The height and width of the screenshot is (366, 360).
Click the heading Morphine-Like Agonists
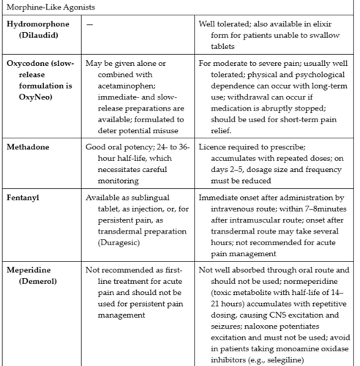click(x=51, y=7)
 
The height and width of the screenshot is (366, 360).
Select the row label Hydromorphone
click(x=38, y=24)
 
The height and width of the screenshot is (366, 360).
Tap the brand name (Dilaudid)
click(x=38, y=35)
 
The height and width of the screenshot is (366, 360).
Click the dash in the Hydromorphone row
click(x=89, y=25)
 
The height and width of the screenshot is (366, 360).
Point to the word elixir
click(x=323, y=24)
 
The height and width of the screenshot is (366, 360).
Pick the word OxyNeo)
click(x=35, y=97)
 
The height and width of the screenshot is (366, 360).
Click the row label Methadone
click(x=28, y=147)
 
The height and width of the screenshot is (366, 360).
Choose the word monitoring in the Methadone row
click(x=118, y=181)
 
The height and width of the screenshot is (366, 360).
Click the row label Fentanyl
click(x=23, y=198)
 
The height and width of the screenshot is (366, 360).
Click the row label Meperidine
click(x=29, y=270)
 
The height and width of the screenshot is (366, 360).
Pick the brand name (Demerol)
click(x=38, y=282)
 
